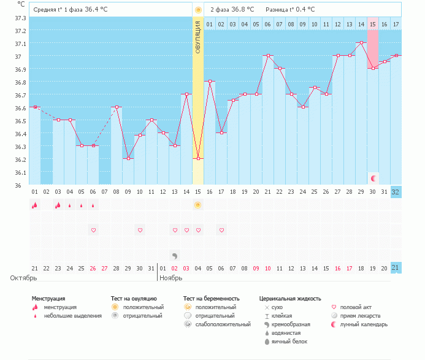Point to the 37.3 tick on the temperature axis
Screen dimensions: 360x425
(x=20, y=18)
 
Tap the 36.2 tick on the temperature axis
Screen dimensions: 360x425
(x=20, y=159)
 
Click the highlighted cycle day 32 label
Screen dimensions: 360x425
(x=396, y=191)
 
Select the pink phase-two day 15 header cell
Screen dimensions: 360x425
(x=372, y=24)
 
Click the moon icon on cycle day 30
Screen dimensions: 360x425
(x=373, y=178)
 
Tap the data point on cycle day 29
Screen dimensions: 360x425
(x=361, y=43)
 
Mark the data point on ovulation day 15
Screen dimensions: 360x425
(x=197, y=158)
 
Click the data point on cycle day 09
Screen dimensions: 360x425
(x=128, y=158)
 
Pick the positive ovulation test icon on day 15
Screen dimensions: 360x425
(x=197, y=205)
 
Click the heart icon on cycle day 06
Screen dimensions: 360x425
(x=93, y=230)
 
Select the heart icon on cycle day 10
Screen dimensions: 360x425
(x=140, y=230)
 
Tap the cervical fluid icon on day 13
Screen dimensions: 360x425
(x=174, y=255)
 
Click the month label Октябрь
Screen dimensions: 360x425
(x=23, y=278)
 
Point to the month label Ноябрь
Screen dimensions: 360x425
(x=172, y=278)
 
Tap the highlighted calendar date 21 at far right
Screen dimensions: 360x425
(x=396, y=268)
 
